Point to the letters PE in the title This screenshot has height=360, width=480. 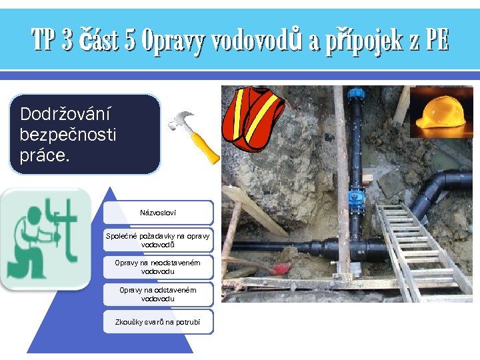coord(437,41)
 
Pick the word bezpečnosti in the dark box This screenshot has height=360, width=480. coord(68,135)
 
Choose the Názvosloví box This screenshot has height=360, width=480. coord(158,213)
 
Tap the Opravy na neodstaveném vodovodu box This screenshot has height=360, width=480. coord(158,267)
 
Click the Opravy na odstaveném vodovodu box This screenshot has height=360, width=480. coord(158,294)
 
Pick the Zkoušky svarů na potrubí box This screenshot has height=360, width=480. coord(158,322)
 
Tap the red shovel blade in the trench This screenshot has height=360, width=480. coord(281,269)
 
